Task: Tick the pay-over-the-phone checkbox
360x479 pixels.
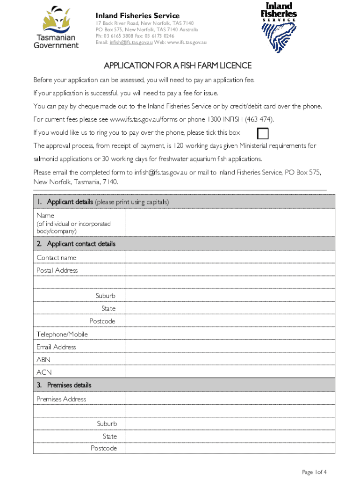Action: [263, 134]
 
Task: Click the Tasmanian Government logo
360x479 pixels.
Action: [56, 27]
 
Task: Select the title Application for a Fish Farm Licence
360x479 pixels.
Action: [178, 65]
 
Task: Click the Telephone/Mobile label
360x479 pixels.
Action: [62, 334]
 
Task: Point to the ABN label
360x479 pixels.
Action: [43, 360]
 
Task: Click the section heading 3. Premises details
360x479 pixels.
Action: [64, 385]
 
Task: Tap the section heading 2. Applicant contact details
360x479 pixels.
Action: [76, 244]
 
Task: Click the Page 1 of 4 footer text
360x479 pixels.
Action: [314, 472]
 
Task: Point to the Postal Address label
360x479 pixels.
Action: [57, 270]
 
